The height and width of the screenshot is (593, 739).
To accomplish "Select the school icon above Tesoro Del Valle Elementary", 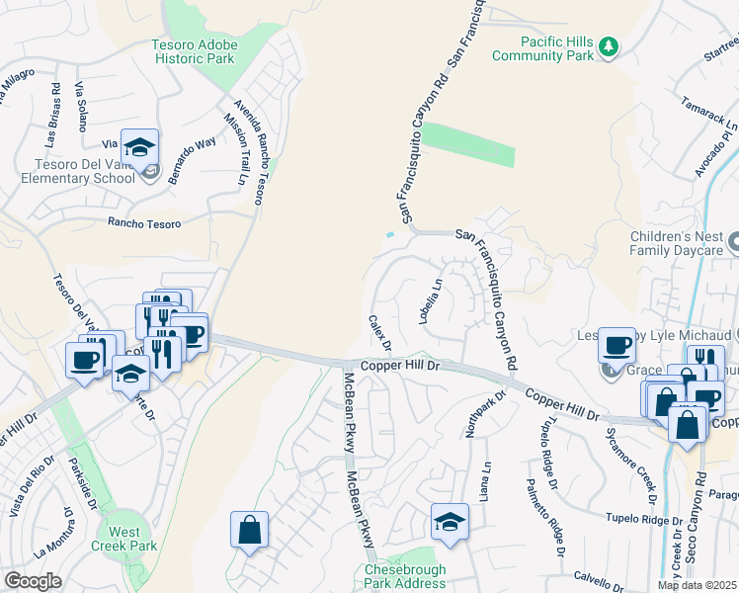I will pyautogui.click(x=140, y=147).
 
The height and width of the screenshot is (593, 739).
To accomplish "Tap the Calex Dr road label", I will pyautogui.click(x=380, y=333).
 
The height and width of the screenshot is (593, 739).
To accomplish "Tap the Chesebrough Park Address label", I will pyautogui.click(x=405, y=577).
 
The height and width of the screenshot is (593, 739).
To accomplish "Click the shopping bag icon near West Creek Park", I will pyautogui.click(x=250, y=529).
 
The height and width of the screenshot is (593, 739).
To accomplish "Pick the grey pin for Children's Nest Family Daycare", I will pyautogui.click(x=732, y=241).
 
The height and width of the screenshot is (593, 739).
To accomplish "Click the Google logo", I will pyautogui.click(x=33, y=581).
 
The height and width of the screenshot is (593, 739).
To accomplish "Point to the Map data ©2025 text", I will pyautogui.click(x=697, y=585).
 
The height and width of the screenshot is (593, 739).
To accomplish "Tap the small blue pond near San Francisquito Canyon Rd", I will pyautogui.click(x=392, y=235).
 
